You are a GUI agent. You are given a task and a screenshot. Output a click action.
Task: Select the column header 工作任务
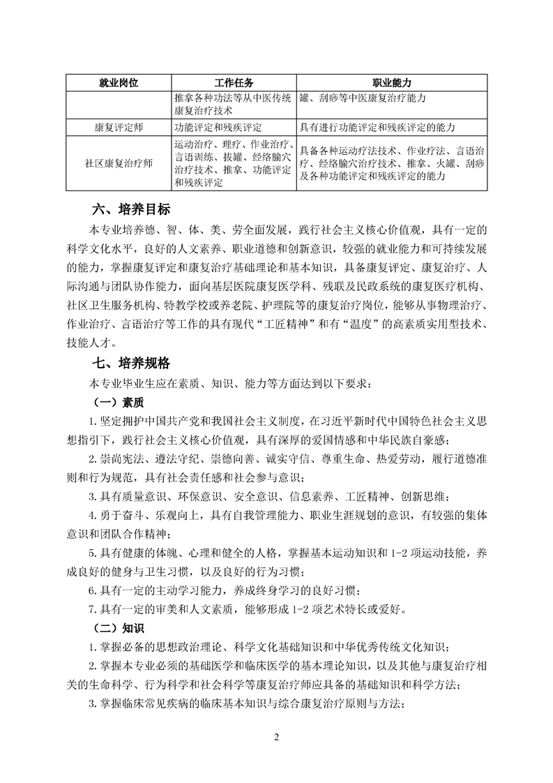tap(234, 83)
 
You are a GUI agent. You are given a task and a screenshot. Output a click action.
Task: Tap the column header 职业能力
tap(391, 83)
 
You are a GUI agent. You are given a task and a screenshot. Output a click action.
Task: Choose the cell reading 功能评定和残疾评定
tap(219, 128)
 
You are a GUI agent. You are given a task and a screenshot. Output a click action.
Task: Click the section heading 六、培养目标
tap(130, 209)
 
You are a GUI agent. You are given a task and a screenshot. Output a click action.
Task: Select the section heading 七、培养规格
tap(130, 364)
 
